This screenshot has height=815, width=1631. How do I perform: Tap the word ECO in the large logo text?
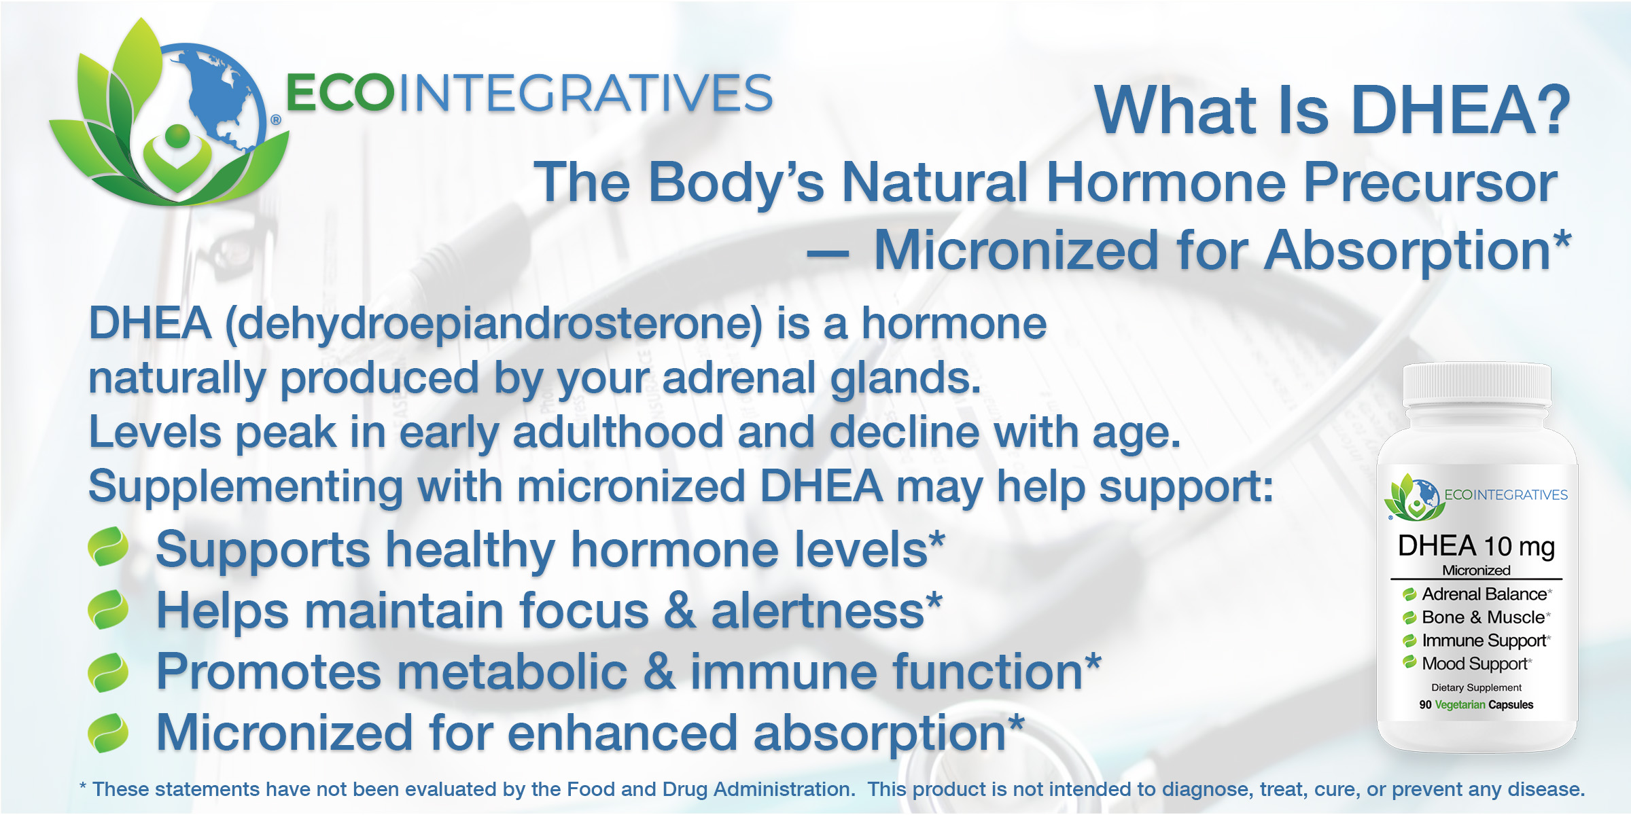pos(340,93)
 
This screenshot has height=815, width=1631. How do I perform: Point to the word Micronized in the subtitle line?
pos(1017,250)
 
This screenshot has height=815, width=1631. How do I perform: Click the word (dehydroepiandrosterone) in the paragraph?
pos(494,325)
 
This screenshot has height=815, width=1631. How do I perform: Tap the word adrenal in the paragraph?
pos(739,378)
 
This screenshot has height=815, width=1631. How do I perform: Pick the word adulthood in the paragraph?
pos(618,432)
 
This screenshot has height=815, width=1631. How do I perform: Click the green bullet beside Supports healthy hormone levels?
pos(108,547)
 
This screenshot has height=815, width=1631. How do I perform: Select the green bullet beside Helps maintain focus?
pos(108,609)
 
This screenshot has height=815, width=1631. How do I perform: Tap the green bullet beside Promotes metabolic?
pos(108,672)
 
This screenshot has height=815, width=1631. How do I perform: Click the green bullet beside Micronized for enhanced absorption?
pos(108,733)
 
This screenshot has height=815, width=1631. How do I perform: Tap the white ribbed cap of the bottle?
pos(1477,384)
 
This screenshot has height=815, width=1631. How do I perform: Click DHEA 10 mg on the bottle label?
pos(1476,546)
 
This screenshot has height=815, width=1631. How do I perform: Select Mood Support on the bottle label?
pos(1475,664)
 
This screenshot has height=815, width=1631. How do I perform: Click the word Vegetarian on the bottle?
pos(1460,705)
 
